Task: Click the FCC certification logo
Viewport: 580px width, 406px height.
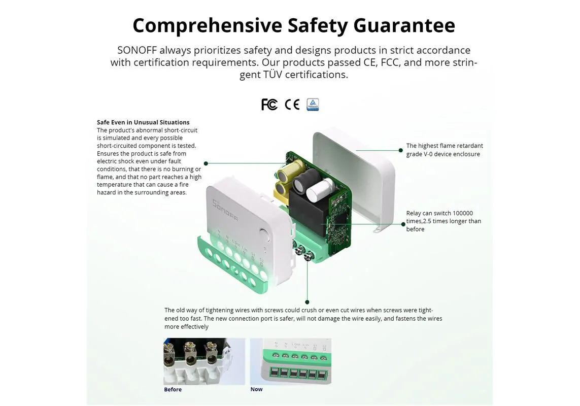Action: click(x=269, y=105)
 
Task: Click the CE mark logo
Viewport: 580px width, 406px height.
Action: click(x=292, y=105)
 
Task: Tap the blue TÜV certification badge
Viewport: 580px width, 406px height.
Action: click(x=313, y=105)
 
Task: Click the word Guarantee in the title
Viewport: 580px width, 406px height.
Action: click(x=404, y=25)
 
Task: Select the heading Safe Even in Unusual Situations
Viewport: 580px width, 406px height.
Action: click(x=143, y=122)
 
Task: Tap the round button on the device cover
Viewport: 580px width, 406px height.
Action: click(x=264, y=234)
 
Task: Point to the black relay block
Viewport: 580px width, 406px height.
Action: click(x=308, y=214)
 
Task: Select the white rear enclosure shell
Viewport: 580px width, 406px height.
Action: click(x=353, y=180)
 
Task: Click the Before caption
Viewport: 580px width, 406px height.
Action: click(x=173, y=389)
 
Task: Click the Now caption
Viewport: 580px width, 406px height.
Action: click(x=256, y=389)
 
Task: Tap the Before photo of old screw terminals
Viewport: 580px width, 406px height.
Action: click(x=204, y=361)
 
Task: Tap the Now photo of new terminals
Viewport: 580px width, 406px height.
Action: click(x=291, y=361)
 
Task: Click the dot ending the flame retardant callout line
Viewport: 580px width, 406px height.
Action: click(x=400, y=150)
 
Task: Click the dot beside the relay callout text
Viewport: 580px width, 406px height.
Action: click(x=403, y=224)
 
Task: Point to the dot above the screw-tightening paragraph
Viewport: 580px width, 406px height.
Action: click(x=307, y=302)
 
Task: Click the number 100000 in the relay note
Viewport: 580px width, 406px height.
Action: click(x=463, y=213)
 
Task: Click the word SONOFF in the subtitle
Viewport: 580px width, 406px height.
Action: click(x=137, y=50)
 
